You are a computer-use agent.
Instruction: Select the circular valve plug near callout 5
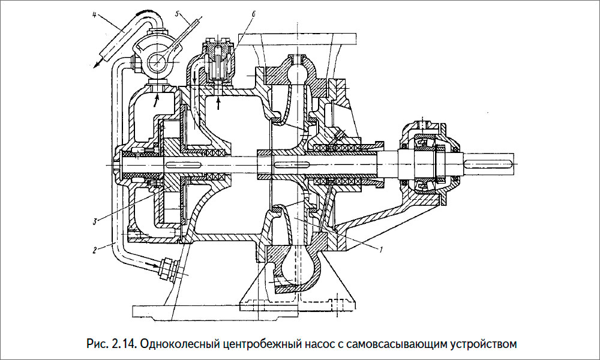coord(157,60)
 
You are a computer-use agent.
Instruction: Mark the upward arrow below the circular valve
coord(157,97)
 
